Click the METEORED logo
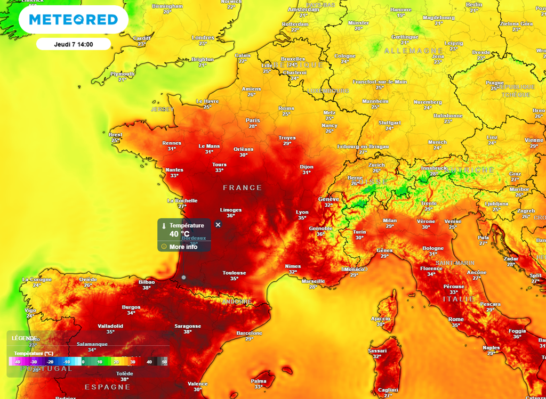(x=74, y=20)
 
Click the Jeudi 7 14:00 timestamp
(x=74, y=44)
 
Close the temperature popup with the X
(x=218, y=225)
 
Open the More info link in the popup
(x=183, y=247)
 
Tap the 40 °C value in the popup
(x=180, y=234)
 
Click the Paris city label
(x=253, y=120)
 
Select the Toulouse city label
(x=234, y=273)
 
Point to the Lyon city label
(x=302, y=212)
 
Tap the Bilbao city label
(x=146, y=282)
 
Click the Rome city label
(x=456, y=319)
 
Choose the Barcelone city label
(x=249, y=333)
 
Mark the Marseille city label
(x=313, y=281)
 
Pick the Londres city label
(x=203, y=37)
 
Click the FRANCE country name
(x=243, y=188)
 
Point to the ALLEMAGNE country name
(x=406, y=50)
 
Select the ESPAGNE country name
(x=107, y=387)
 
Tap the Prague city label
(x=495, y=83)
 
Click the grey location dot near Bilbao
(x=183, y=277)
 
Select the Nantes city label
(x=174, y=170)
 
